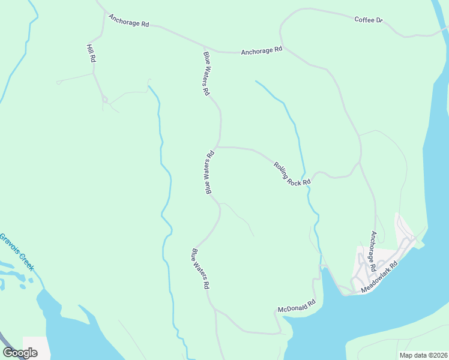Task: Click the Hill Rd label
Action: coord(91,54)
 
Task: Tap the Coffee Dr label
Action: coord(368,20)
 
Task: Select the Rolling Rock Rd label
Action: coord(292,173)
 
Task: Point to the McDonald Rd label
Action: coord(297,307)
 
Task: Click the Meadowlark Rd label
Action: coord(379,277)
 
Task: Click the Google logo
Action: coord(20,353)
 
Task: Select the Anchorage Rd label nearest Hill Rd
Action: coord(128,20)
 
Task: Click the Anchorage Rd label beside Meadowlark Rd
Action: coord(373,250)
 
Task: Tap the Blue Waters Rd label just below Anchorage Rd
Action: coord(207,74)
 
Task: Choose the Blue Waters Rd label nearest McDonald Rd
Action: coord(200,270)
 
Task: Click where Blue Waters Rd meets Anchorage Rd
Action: coord(204,46)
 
